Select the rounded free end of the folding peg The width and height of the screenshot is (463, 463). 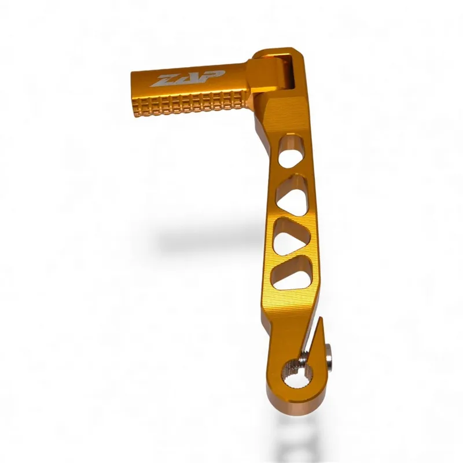pos(135,93)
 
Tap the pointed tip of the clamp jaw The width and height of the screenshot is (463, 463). pos(319,319)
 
